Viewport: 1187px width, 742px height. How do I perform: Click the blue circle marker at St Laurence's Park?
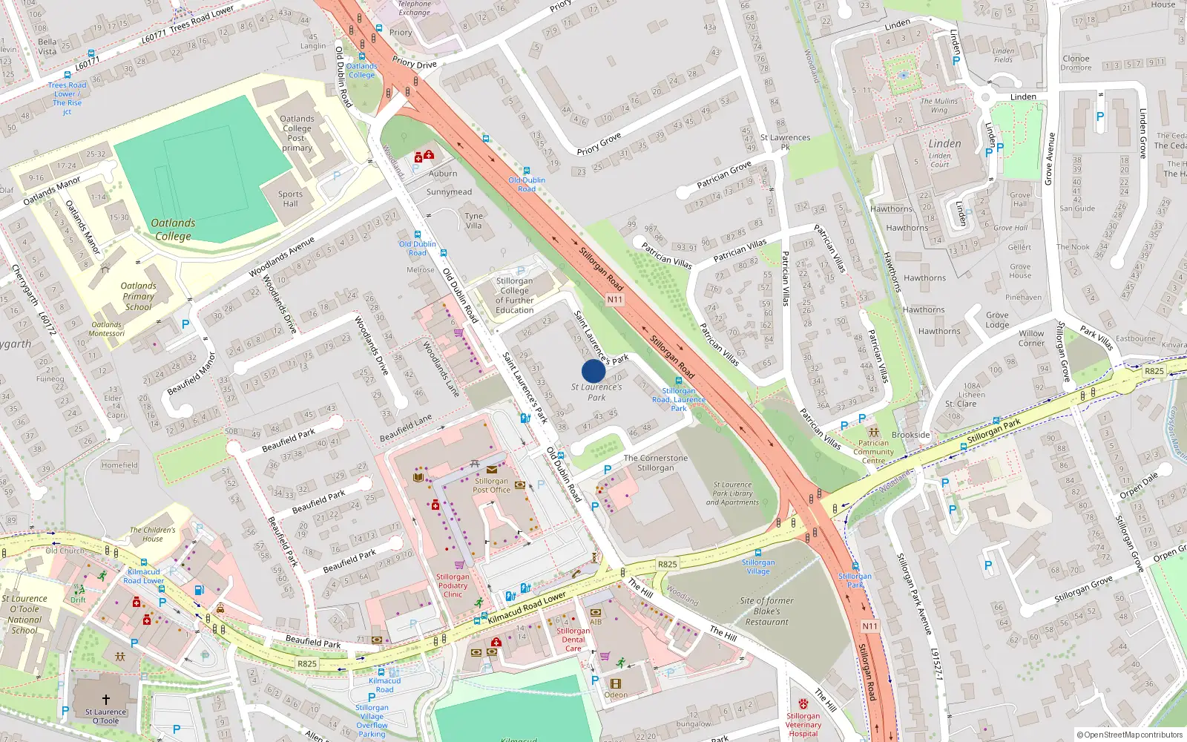[593, 371]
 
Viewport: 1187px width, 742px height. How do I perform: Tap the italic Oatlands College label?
[173, 229]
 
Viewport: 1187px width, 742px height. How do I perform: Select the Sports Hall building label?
[290, 199]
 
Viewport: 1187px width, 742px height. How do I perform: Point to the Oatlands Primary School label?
[138, 296]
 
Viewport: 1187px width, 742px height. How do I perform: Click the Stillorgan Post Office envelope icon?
[492, 470]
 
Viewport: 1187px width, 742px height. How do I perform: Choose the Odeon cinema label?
[616, 695]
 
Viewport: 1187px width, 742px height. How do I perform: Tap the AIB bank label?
[596, 622]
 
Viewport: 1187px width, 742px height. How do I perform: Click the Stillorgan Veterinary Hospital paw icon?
[803, 703]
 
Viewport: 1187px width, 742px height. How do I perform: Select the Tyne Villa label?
[474, 221]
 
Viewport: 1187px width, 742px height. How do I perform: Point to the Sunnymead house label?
[449, 192]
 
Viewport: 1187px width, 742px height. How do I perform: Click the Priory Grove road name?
[599, 144]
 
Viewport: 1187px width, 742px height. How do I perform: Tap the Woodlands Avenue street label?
[282, 256]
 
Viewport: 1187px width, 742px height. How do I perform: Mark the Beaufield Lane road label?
[406, 428]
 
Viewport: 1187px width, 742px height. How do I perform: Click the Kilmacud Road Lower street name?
[527, 607]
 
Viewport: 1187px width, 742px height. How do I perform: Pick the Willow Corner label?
[1031, 338]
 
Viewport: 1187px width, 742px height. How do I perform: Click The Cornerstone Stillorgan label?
[656, 463]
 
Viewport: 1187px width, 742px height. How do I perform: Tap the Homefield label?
[119, 465]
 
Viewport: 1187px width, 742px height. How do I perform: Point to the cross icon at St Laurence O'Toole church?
[105, 700]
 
